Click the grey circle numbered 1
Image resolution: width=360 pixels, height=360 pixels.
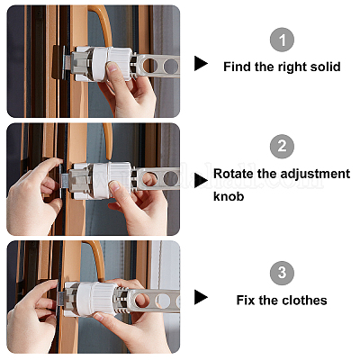coord(282,40)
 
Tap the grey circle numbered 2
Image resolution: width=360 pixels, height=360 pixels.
coord(282,147)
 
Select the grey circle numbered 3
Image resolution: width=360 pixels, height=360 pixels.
coord(282,273)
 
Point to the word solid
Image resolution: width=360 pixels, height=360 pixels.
coord(326,67)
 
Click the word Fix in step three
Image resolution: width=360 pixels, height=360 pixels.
coord(246,300)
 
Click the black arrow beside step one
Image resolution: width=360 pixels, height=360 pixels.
coord(201,63)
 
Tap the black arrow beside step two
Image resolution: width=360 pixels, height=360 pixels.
coord(201,181)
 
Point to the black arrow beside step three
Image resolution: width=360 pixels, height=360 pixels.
coord(201,297)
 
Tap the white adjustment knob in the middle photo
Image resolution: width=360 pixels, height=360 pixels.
coord(112,179)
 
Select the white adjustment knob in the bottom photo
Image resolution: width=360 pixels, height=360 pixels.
coord(100,299)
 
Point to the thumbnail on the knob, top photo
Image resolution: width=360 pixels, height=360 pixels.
coord(112,67)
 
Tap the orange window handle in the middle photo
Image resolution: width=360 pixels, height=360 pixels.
coord(107,141)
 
